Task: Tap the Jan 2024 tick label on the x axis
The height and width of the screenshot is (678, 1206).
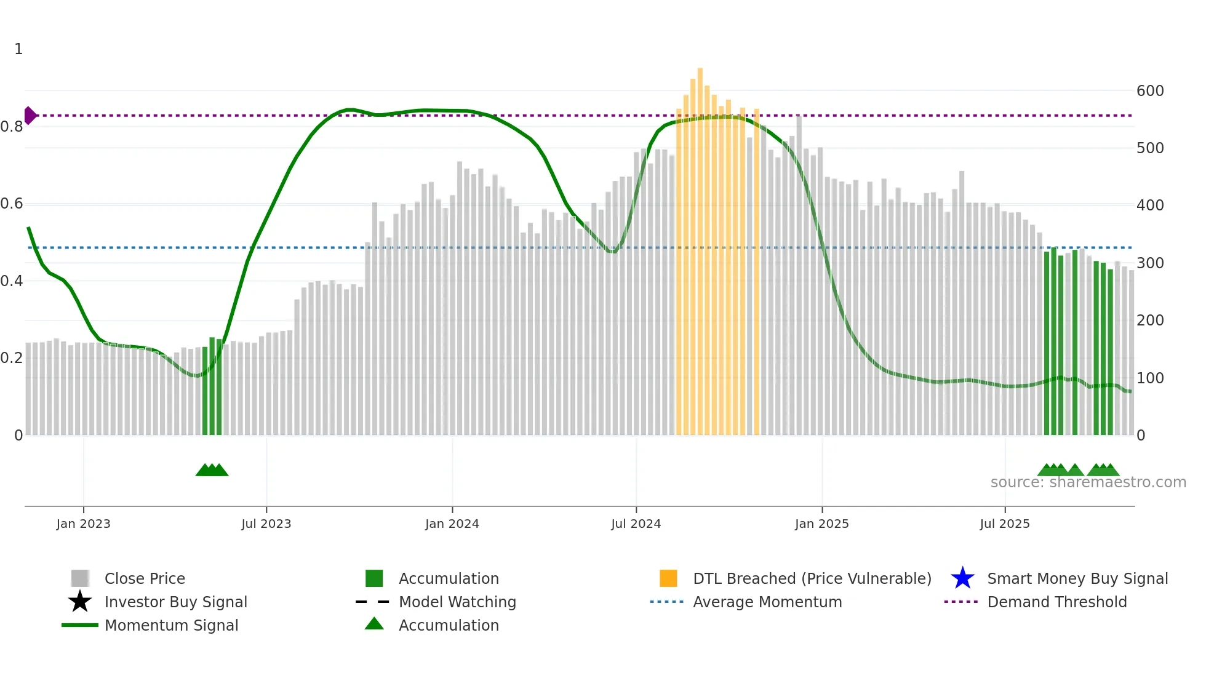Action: [x=452, y=524]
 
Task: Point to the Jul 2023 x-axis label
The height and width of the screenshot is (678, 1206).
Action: [x=266, y=524]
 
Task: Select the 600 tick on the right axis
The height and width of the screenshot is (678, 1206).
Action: [x=1150, y=91]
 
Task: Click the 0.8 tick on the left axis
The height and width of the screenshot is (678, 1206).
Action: [x=12, y=127]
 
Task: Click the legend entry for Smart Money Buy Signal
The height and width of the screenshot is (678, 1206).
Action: [x=1077, y=578]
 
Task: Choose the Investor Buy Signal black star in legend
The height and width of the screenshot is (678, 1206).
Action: [x=80, y=602]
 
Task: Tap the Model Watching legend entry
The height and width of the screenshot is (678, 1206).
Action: [x=457, y=602]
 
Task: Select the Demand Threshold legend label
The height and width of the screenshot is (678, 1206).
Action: [x=1056, y=602]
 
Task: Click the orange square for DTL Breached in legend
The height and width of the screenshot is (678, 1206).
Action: [x=668, y=578]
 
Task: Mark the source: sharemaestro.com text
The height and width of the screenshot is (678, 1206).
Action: [x=1088, y=482]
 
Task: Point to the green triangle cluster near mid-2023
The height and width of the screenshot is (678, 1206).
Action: [x=212, y=470]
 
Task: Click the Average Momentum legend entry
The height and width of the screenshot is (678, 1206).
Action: [x=767, y=602]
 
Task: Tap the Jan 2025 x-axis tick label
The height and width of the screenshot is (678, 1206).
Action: [x=821, y=524]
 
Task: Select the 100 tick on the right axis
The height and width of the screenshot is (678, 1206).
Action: [x=1150, y=378]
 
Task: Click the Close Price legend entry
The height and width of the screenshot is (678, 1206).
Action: [x=144, y=578]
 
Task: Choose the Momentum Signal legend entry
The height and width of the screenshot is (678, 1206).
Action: [x=171, y=625]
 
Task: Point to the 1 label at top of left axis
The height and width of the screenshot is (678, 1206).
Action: [x=18, y=49]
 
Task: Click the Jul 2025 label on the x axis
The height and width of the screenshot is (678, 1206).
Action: [x=1004, y=524]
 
